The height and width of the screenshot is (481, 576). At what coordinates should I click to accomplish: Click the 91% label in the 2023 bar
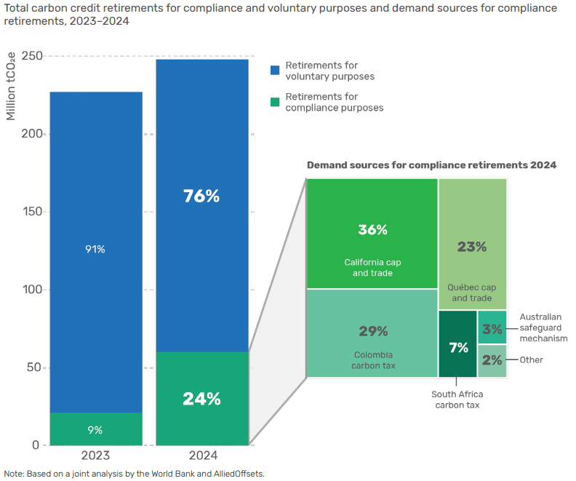coord(95,249)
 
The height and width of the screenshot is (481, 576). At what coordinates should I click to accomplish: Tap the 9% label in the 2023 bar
coord(95,429)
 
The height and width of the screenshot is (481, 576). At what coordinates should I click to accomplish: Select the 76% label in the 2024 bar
coord(202,196)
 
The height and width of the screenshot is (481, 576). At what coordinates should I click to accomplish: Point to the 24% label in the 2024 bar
coord(202,399)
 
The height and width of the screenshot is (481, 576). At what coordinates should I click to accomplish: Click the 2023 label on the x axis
coord(95,456)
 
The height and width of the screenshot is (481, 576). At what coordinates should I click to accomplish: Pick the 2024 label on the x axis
coord(202,456)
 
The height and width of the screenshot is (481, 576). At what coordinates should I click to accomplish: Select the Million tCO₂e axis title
coord(11,87)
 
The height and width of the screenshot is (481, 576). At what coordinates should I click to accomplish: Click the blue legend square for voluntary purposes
coord(275,70)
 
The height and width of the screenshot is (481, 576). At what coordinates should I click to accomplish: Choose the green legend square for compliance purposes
coord(275,102)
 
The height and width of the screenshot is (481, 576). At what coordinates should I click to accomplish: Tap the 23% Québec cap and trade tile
coord(472,247)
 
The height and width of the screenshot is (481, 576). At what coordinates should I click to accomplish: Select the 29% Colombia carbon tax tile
coord(372,333)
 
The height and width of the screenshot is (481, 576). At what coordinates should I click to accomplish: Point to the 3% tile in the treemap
coord(492,327)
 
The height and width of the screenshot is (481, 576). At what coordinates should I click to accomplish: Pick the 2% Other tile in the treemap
coord(492,360)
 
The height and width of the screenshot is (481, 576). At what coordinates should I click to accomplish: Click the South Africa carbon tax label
coord(457,399)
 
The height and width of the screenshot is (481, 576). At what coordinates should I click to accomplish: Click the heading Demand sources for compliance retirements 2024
coord(431,165)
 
